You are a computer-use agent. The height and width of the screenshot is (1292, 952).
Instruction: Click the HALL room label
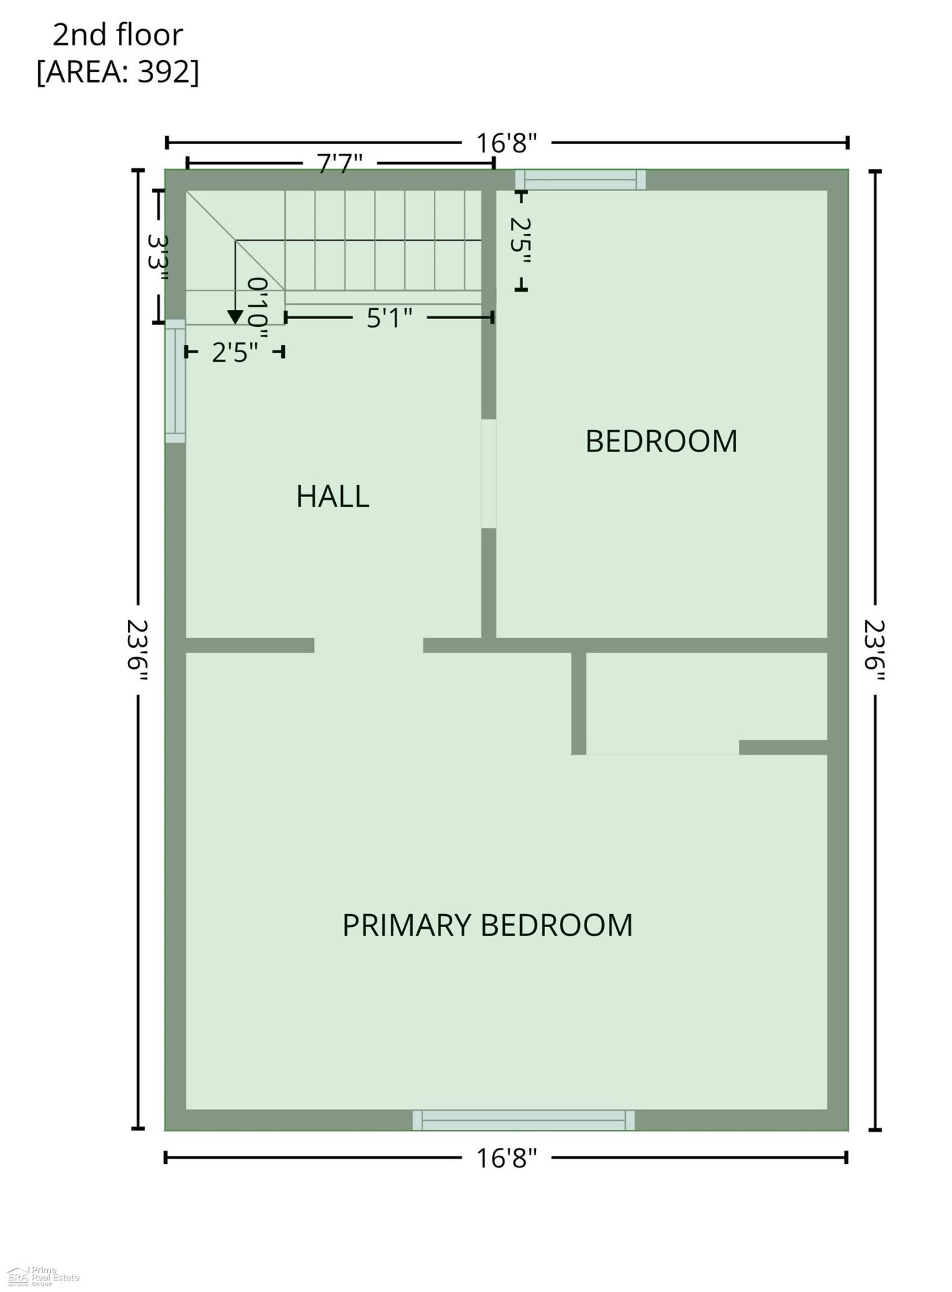coord(333,496)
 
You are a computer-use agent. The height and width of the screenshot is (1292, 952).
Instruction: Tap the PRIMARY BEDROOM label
coord(488,925)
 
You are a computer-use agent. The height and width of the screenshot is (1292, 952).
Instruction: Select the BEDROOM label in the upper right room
coord(661,441)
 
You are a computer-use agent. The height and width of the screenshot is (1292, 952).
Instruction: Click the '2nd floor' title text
coord(118,35)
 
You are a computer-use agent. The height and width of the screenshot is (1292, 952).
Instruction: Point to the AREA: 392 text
coord(118,72)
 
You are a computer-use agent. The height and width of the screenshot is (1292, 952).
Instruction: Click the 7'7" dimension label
coord(340,163)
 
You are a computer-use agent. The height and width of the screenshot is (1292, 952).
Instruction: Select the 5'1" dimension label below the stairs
coord(389,318)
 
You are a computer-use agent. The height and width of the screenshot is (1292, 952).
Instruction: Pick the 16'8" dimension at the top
coord(507,143)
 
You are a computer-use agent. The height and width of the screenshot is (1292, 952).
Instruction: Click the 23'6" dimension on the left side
coord(138,651)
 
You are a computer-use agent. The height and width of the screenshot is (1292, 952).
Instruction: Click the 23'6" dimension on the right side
coord(875,651)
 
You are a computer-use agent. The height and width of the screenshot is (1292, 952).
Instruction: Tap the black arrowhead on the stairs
coord(235,317)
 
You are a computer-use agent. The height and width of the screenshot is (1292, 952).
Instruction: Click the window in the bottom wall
coord(524,1120)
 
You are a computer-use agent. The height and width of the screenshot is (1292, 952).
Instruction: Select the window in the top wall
coord(581,180)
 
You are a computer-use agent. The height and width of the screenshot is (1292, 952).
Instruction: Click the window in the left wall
coord(176,381)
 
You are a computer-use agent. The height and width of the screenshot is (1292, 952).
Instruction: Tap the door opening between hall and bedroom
coord(489,474)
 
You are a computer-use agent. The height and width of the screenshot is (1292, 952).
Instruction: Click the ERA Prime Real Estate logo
coord(43,1275)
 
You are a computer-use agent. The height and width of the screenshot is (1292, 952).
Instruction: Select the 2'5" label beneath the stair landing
coord(235,353)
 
